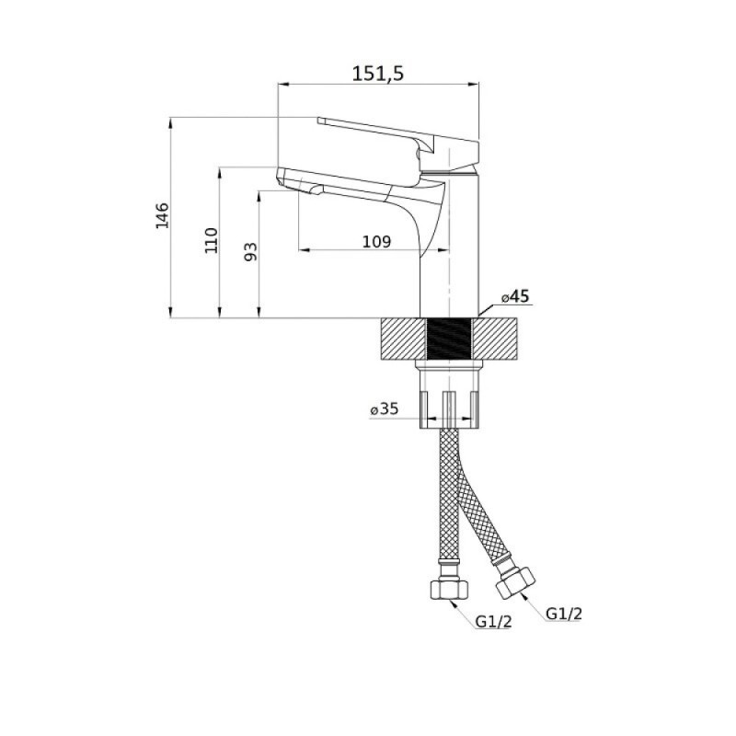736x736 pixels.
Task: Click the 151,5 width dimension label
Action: (378, 74)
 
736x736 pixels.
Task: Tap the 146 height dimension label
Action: (162, 215)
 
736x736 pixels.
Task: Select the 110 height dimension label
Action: (212, 240)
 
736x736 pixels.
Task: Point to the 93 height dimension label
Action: (251, 251)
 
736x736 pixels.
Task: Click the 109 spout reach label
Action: (376, 242)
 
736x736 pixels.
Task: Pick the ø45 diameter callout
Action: (515, 296)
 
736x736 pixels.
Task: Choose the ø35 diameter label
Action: (384, 408)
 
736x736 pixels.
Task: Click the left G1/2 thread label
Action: (493, 622)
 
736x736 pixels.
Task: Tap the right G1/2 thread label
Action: (564, 613)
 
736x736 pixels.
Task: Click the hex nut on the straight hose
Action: (449, 589)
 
